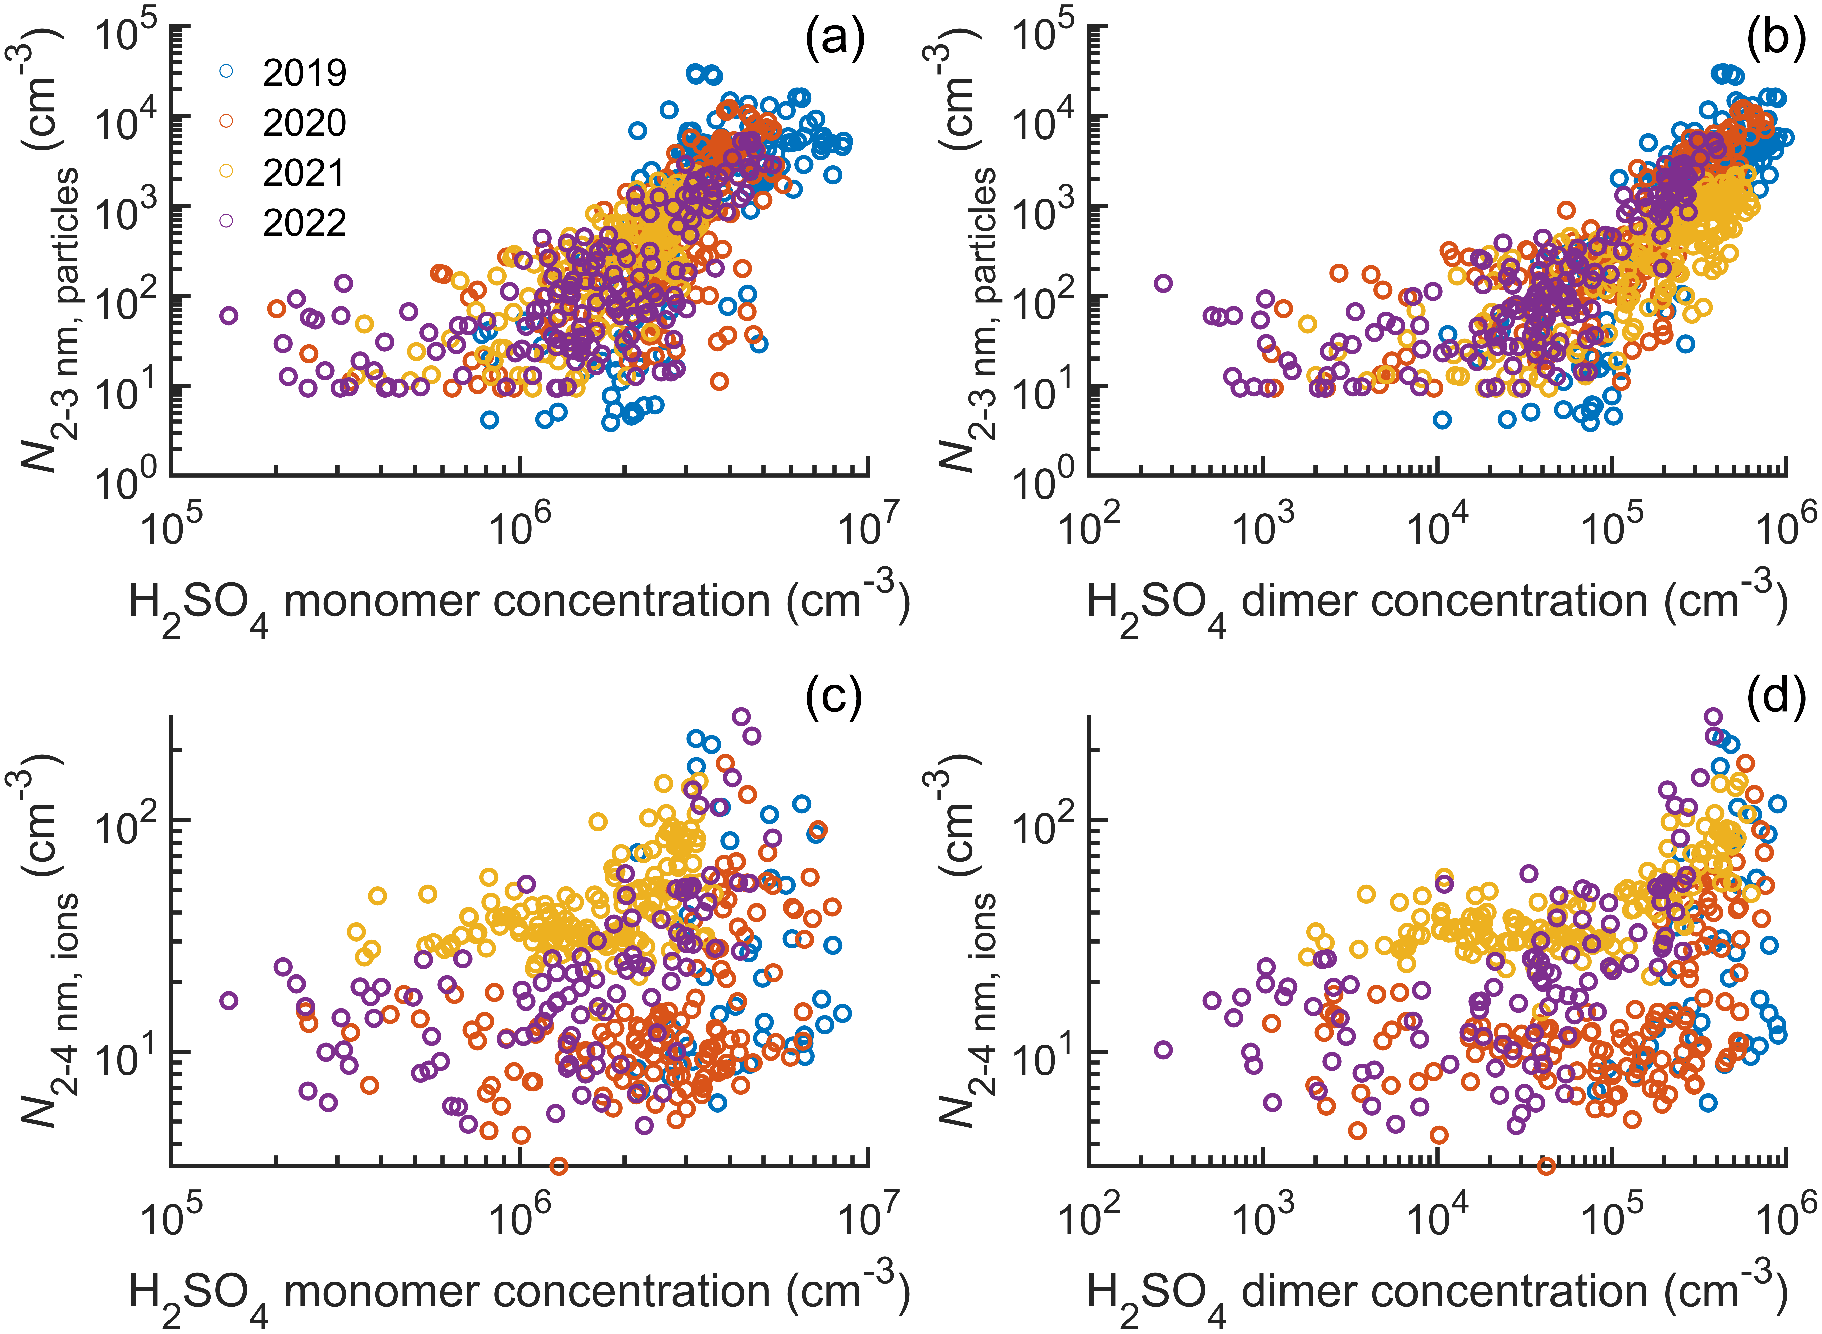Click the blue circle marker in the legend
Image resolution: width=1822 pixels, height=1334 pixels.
pos(226,71)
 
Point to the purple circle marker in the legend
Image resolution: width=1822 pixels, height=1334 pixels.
pos(226,220)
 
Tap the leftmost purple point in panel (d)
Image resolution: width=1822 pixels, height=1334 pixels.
pos(1163,1050)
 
